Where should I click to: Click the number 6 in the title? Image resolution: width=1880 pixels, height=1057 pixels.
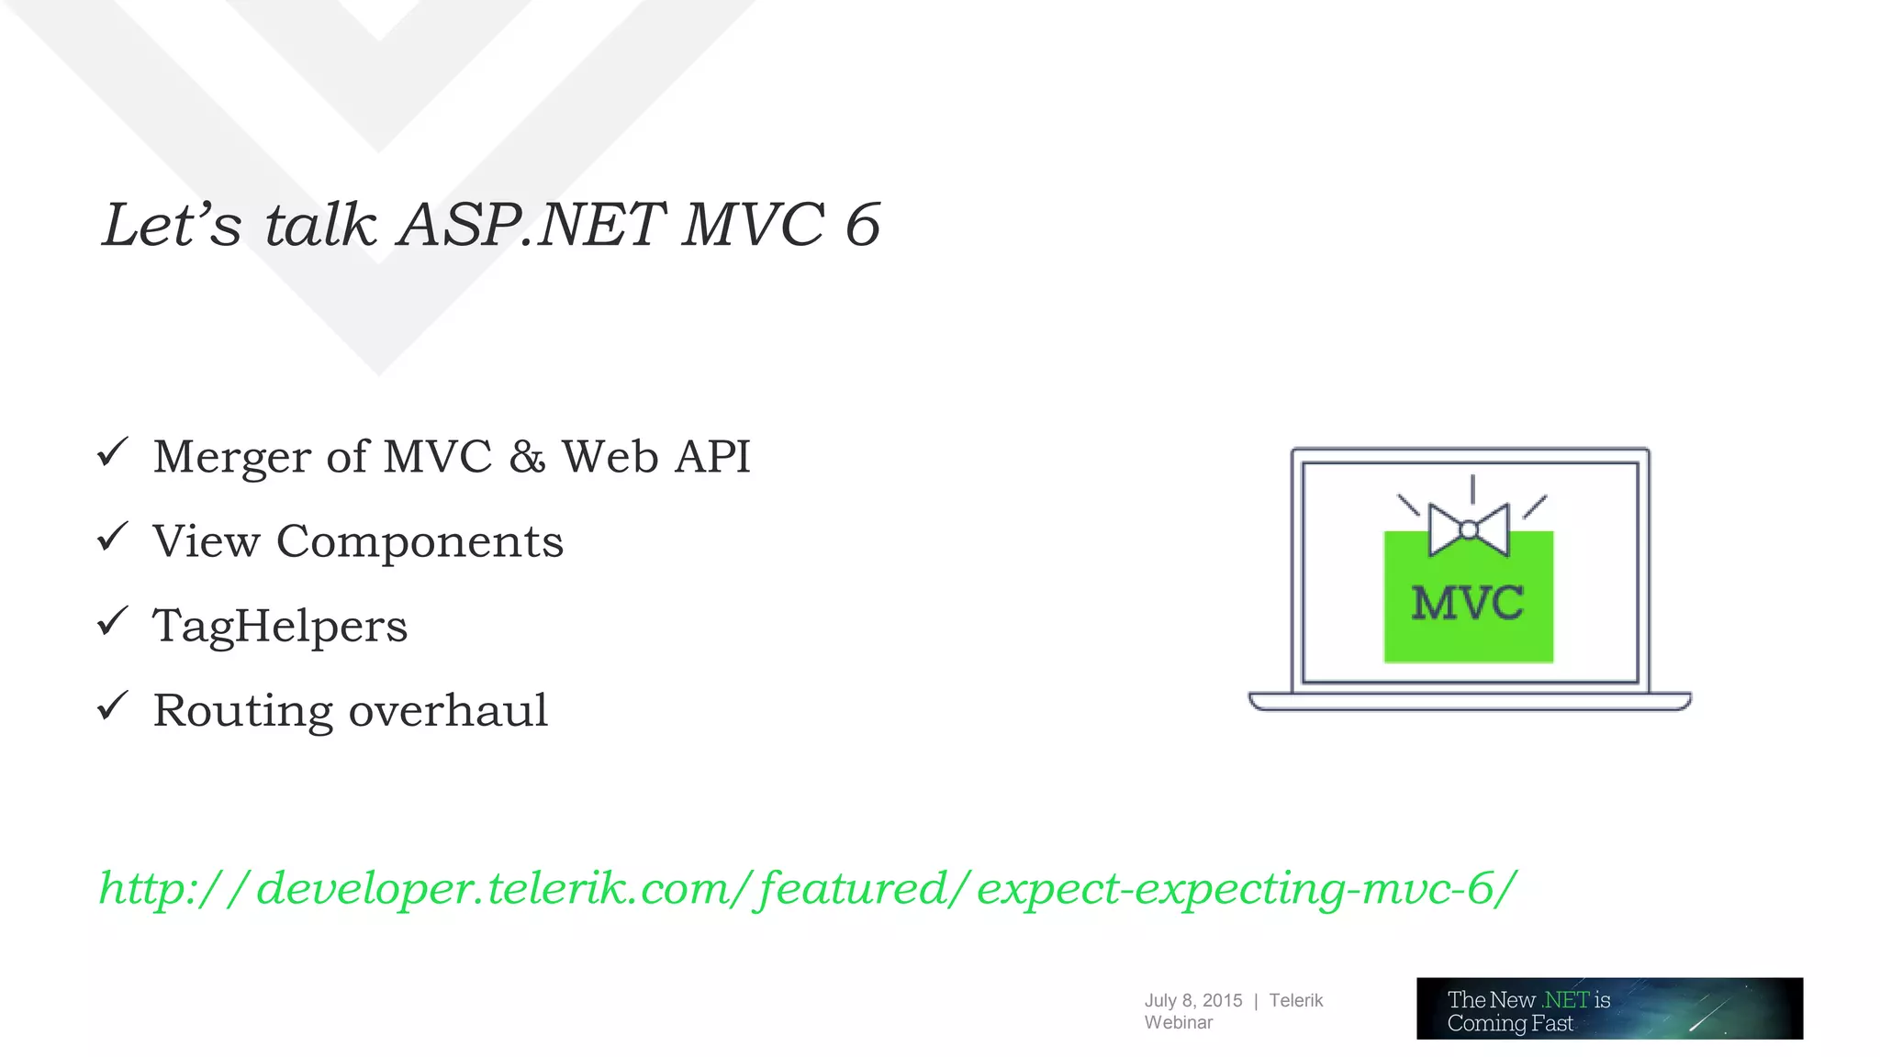[x=862, y=225]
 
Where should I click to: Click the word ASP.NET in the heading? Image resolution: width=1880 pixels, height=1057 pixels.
[x=531, y=225]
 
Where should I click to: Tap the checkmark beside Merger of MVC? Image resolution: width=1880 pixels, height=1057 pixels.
[x=112, y=452]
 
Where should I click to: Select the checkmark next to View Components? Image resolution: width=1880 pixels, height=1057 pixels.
[x=112, y=537]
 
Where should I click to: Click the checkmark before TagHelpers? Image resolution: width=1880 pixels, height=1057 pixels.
[x=112, y=621]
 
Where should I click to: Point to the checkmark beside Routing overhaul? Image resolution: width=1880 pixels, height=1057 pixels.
[x=112, y=706]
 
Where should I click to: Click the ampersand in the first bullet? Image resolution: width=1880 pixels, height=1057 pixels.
[x=527, y=457]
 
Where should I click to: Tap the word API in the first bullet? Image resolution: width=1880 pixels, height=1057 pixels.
[x=712, y=457]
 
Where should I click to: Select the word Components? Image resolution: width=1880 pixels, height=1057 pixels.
[x=420, y=542]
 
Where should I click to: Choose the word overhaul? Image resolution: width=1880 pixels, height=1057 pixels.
[x=448, y=711]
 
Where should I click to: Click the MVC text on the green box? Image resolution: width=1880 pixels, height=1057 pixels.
[x=1467, y=604]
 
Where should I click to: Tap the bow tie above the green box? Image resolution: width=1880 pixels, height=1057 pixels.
[x=1469, y=529]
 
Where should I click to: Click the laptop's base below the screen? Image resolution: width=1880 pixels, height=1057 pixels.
[x=1469, y=702]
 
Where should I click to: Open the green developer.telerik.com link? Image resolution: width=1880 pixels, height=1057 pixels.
[x=808, y=888]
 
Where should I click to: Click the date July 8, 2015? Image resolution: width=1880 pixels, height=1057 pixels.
[x=1192, y=1000]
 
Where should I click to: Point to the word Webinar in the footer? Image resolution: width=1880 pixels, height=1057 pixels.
[x=1178, y=1022]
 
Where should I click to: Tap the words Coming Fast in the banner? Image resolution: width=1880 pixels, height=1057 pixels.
[x=1510, y=1023]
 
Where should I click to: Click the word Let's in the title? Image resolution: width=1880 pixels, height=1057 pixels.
[x=172, y=225]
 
